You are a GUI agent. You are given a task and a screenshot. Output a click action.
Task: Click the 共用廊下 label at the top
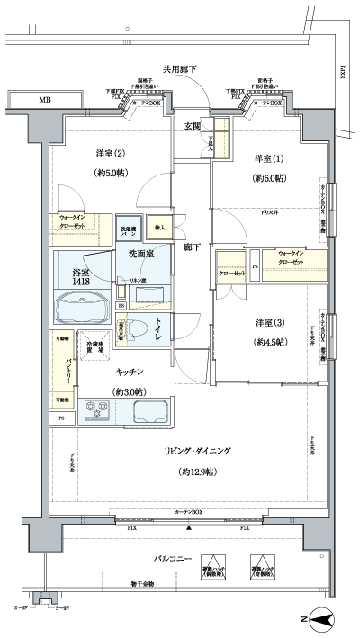pyautogui.click(x=181, y=68)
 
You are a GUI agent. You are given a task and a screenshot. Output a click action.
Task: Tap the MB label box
pyautogui.click(x=43, y=99)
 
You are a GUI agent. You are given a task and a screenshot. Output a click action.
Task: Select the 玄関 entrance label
pyautogui.click(x=193, y=125)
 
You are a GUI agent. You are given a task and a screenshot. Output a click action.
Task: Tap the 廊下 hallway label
pyautogui.click(x=192, y=246)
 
